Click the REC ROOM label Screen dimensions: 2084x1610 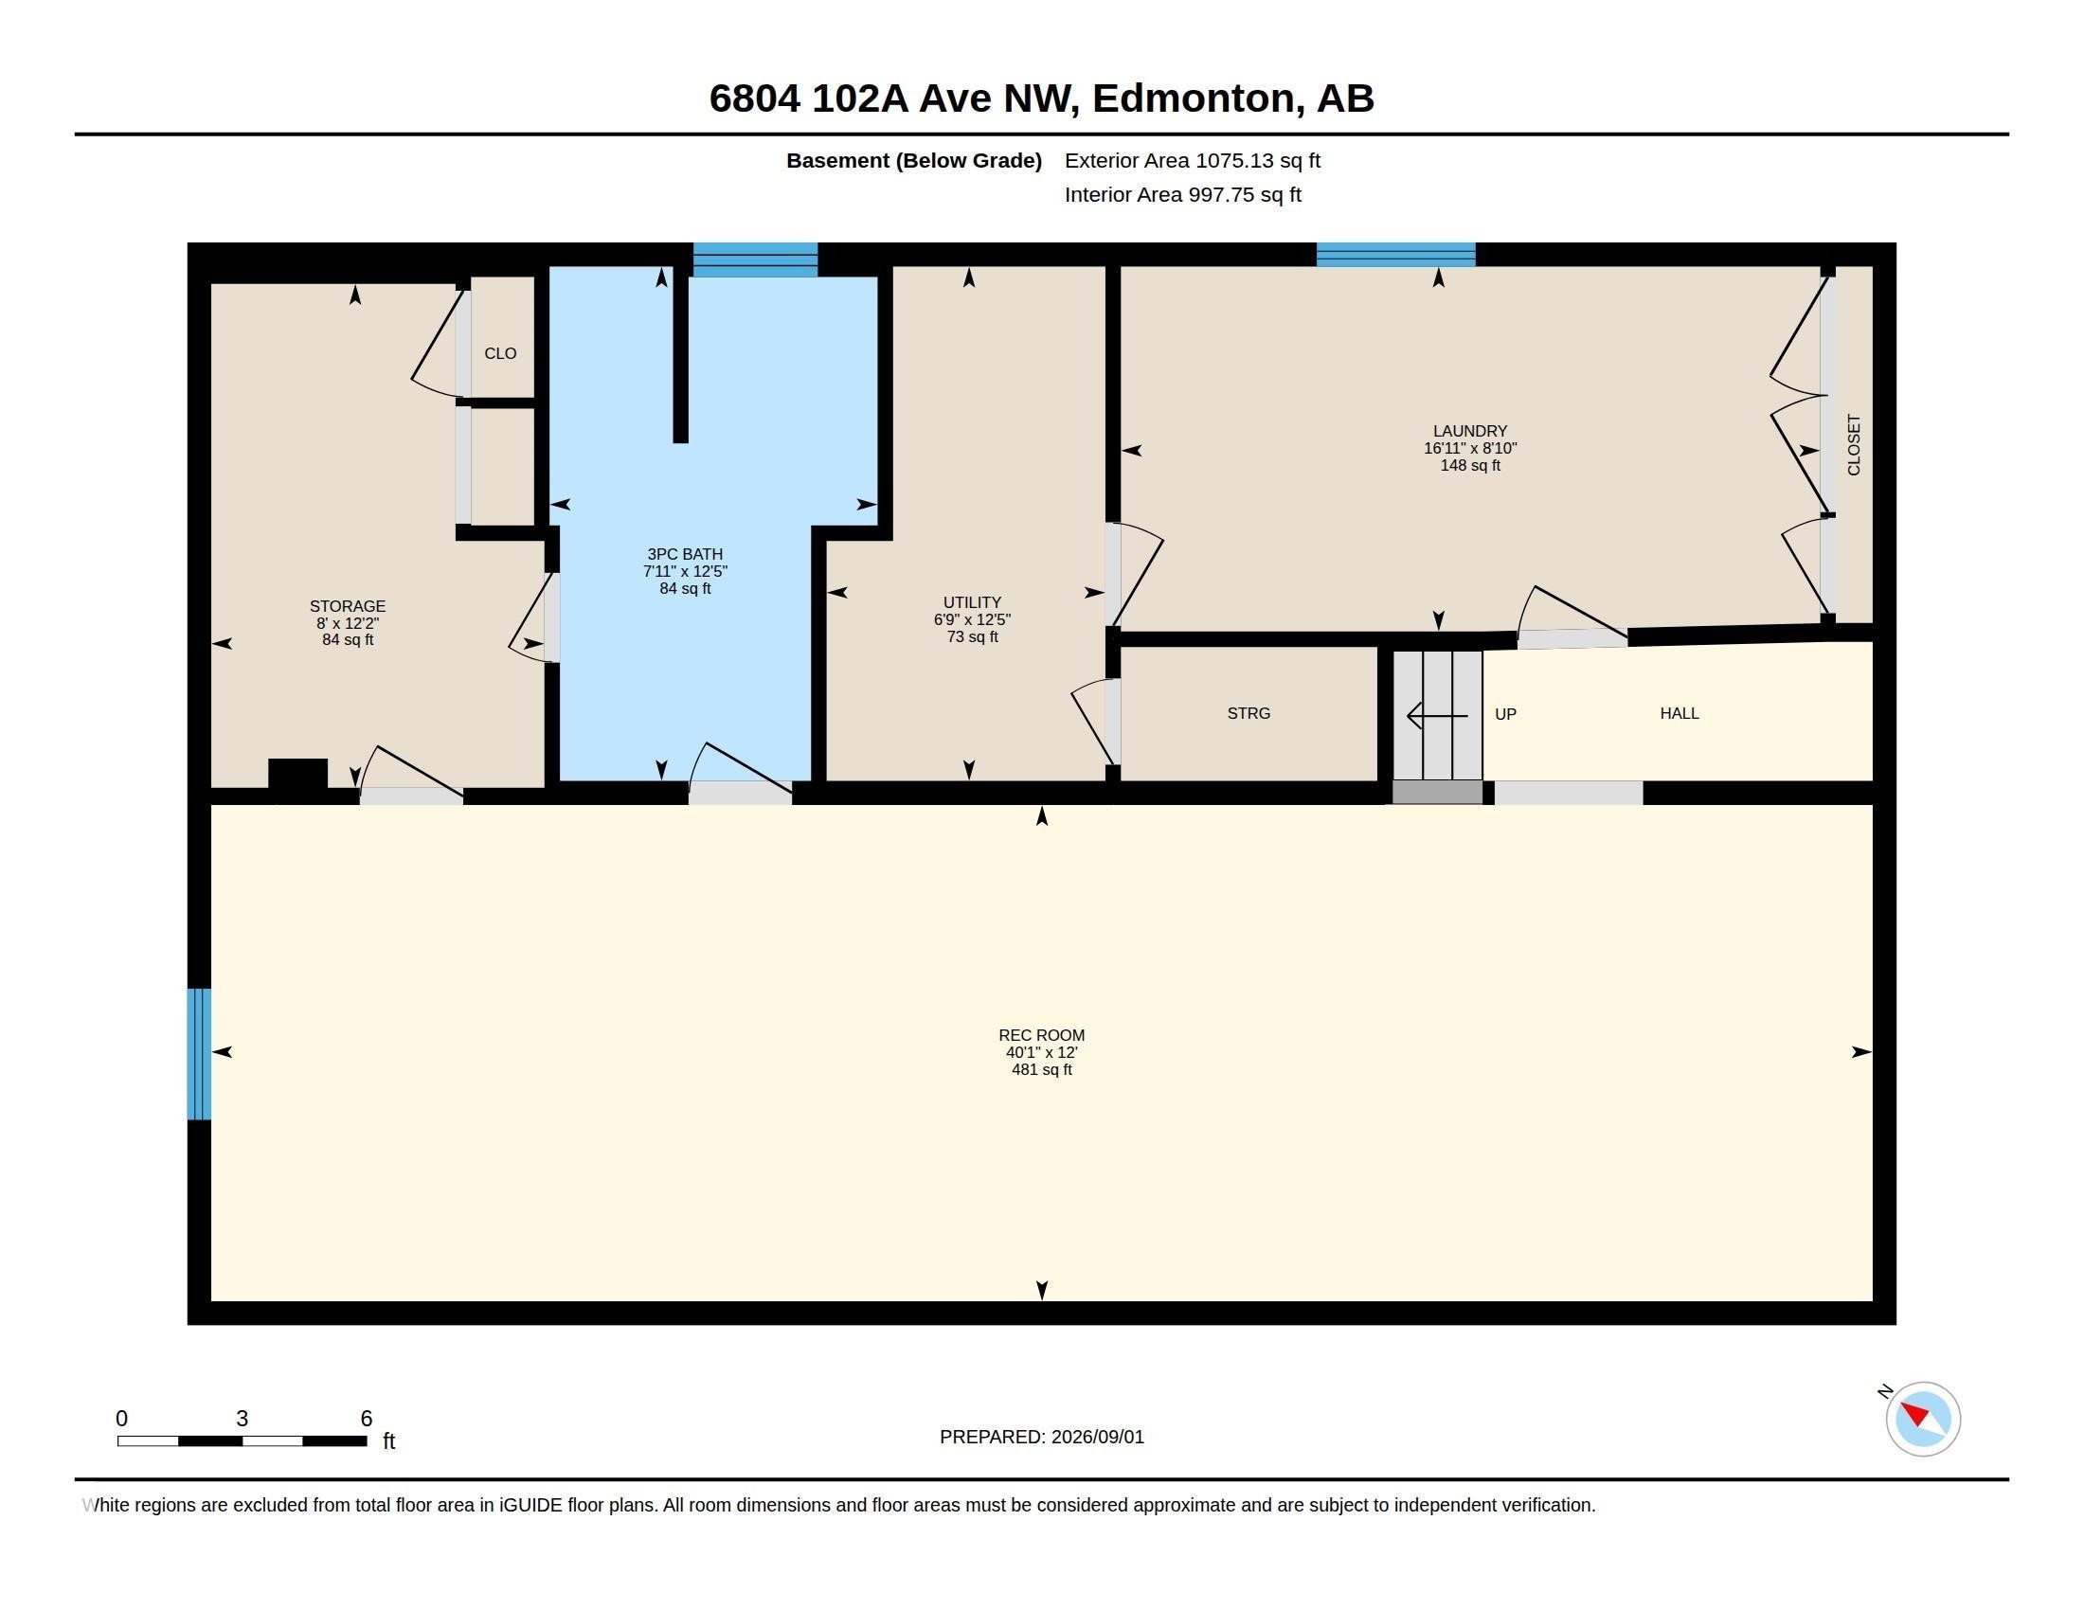pos(1041,1035)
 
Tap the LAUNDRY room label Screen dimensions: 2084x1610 pos(1469,431)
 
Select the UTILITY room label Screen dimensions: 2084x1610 pos(971,602)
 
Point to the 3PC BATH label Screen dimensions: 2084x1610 pos(684,554)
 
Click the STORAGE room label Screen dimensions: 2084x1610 pos(348,607)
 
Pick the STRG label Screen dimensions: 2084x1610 pos(1249,713)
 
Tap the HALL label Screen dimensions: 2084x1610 pos(1680,713)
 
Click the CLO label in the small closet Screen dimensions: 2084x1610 pos(500,354)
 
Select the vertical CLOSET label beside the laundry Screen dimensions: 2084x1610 pos(1854,444)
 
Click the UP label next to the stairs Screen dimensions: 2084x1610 pos(1505,714)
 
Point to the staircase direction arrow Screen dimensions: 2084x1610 pos(1437,715)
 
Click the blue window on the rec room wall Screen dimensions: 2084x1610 pos(199,1054)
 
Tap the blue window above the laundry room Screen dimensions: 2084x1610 pos(1396,255)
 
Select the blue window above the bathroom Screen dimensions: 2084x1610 pos(755,259)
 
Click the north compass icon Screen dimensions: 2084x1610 pos(1922,1419)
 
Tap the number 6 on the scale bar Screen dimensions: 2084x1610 pos(367,1419)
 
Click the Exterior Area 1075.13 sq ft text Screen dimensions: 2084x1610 pos(1192,160)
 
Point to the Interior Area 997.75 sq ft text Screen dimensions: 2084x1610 pos(1182,194)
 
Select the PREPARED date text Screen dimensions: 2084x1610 pos(1041,1437)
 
